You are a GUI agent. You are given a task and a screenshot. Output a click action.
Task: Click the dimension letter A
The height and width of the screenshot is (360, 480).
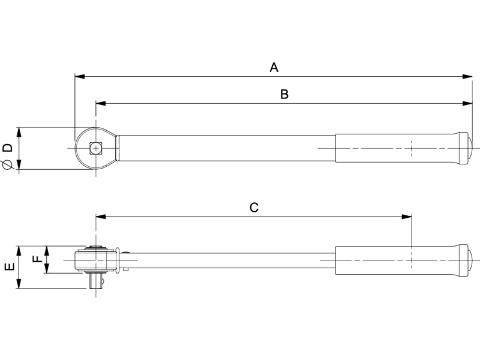coord(274,67)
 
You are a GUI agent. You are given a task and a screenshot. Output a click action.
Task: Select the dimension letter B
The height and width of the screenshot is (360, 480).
coord(284,94)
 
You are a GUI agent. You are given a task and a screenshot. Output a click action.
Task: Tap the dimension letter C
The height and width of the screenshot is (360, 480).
coord(254,208)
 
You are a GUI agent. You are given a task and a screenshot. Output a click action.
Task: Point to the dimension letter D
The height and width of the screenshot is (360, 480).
coord(7,148)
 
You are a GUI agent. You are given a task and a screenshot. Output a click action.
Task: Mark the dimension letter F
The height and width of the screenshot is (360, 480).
coord(37,259)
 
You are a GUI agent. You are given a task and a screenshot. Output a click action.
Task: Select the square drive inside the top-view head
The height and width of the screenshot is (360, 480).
coord(95,148)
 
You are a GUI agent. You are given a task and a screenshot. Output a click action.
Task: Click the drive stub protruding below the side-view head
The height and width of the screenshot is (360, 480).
coord(95,281)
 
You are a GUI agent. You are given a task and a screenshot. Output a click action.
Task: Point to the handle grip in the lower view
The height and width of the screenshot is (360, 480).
coord(396,260)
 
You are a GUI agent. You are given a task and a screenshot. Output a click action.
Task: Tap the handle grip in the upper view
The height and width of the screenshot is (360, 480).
coord(396,148)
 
